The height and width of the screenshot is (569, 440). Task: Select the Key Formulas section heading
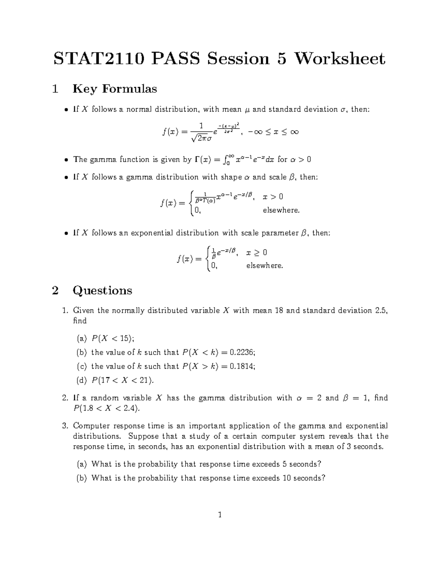point(115,89)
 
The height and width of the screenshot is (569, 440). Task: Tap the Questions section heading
point(102,291)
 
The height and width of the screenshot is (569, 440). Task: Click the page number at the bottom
point(220,515)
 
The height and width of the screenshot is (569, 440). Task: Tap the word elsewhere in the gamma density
point(281,211)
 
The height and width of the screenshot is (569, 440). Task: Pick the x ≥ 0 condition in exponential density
point(256,252)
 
